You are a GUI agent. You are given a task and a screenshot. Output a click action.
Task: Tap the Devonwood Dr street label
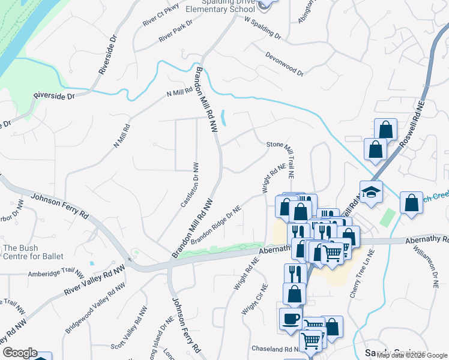pos(285,63)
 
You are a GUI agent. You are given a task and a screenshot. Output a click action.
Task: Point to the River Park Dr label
pos(175,31)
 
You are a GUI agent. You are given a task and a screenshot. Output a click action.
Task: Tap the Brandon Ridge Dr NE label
pos(216,225)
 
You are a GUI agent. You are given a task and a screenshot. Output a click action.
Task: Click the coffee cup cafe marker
pos(291,319)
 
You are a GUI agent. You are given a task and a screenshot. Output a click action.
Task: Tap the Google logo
pos(20,353)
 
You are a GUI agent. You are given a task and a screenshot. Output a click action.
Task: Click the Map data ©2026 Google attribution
pos(412,355)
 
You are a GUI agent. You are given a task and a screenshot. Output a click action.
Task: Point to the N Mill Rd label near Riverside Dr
pos(179,93)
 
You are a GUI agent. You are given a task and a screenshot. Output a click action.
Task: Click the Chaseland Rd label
pos(275,349)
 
